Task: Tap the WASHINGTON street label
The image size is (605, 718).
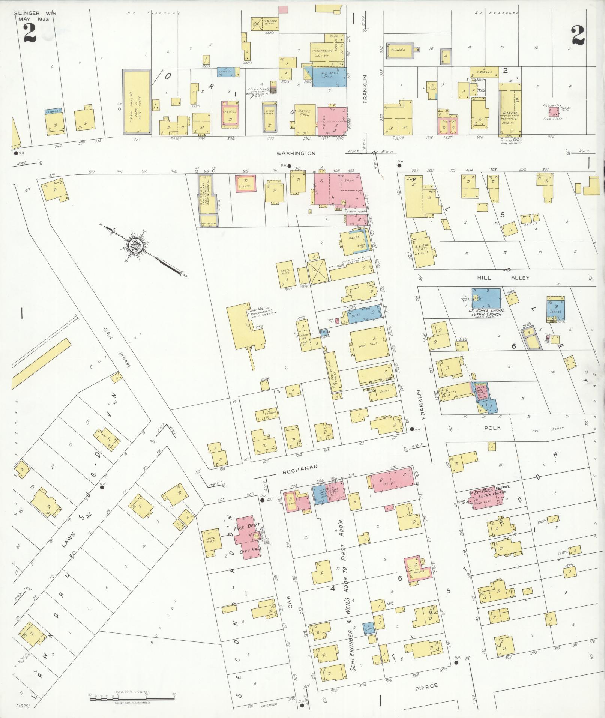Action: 296,153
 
